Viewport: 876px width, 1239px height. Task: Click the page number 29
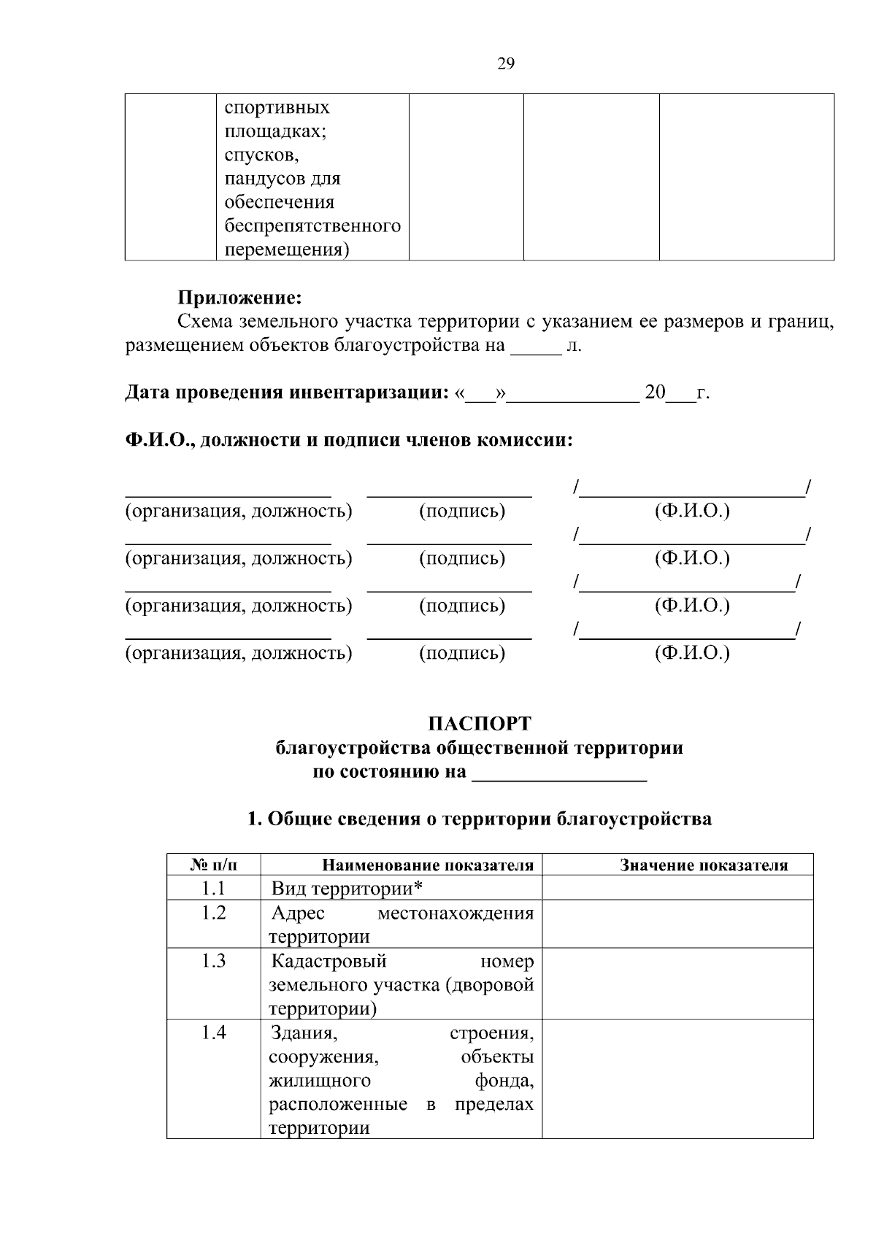(x=506, y=64)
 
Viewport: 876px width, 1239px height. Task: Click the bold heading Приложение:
(x=239, y=298)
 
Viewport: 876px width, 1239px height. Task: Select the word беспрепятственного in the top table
(x=312, y=225)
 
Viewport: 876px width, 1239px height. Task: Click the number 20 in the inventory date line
(x=655, y=393)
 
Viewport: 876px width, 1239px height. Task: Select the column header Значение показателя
(x=704, y=865)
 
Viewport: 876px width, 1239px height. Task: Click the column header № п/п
(x=214, y=865)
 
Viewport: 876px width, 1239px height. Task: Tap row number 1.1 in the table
(x=214, y=888)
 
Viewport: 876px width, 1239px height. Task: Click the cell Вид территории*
(x=347, y=888)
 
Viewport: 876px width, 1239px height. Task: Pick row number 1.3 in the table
(x=214, y=961)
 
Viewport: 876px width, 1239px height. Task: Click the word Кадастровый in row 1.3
(x=328, y=961)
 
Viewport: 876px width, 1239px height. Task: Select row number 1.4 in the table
(x=214, y=1032)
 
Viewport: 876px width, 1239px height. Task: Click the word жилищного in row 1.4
(x=320, y=1080)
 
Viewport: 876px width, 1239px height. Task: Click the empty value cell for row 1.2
(x=677, y=924)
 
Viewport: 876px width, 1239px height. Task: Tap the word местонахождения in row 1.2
(x=456, y=913)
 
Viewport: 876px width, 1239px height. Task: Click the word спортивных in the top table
(x=277, y=107)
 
